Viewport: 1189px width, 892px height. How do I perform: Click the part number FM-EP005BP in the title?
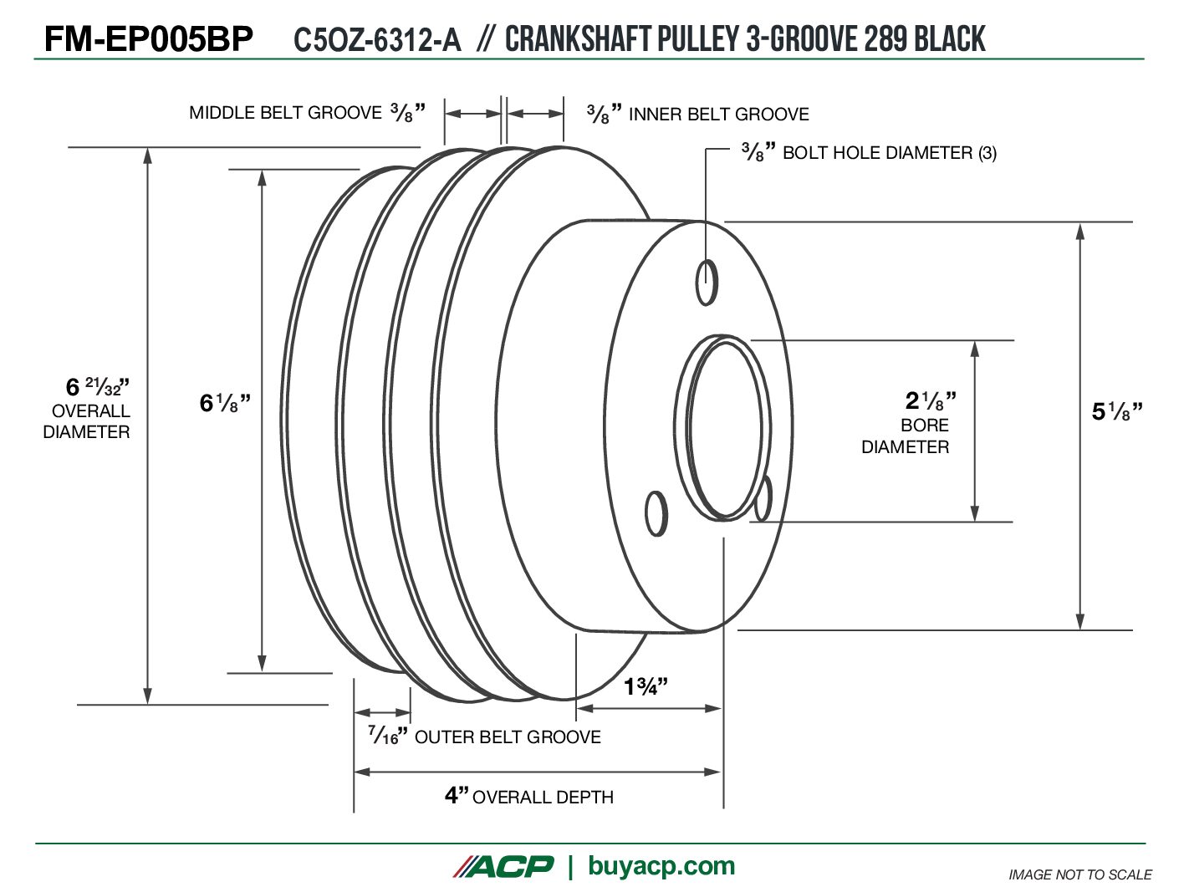pos(149,39)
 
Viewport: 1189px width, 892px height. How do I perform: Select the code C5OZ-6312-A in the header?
pos(378,39)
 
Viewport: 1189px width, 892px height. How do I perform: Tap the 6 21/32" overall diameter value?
pos(98,387)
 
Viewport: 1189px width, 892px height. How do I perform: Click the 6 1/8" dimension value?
pos(225,403)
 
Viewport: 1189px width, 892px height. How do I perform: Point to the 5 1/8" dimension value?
pos(1117,411)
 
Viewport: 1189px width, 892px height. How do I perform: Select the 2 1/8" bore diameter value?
pos(931,400)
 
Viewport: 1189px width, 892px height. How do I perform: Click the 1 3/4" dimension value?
pos(646,686)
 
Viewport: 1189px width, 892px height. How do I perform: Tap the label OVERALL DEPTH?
pos(543,798)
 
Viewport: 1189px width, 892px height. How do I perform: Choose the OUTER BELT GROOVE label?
pos(508,737)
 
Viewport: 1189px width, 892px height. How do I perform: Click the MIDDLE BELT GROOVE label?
pos(285,113)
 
